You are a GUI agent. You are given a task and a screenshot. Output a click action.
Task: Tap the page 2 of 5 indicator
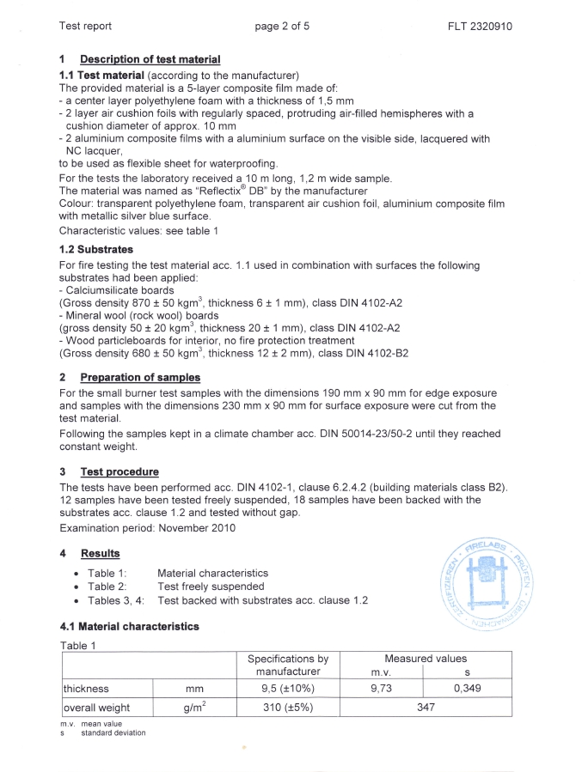282,26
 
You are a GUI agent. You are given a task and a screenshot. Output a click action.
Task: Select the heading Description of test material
150,59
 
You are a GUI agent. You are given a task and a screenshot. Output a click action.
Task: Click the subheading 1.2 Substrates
96,250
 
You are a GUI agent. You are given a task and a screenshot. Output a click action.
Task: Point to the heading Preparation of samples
139,377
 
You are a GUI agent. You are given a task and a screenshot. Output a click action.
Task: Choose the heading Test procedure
119,471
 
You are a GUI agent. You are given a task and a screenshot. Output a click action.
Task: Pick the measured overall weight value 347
426,708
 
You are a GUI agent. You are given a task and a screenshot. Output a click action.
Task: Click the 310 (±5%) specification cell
287,708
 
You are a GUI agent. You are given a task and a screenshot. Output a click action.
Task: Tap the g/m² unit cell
193,708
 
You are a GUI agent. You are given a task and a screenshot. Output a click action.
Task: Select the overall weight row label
96,708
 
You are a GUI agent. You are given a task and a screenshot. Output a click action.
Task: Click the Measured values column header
426,659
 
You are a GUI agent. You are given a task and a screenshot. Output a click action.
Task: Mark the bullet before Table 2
78,587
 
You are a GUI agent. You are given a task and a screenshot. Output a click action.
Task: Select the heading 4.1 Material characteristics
129,626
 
